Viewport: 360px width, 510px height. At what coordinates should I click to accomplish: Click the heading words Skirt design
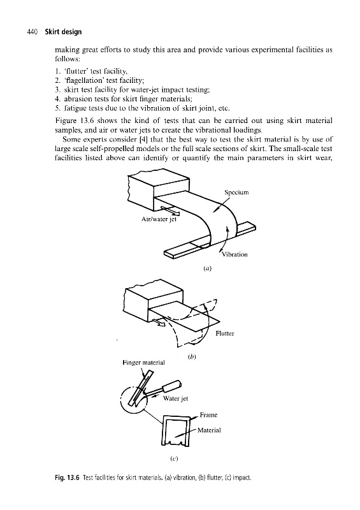(x=64, y=32)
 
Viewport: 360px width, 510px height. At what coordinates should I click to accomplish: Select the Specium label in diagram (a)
(x=236, y=193)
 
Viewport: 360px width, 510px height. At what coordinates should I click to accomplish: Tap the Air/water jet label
(x=159, y=219)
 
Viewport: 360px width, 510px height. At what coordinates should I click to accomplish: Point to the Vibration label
(x=234, y=254)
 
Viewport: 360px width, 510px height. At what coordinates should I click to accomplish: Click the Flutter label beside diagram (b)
(x=225, y=333)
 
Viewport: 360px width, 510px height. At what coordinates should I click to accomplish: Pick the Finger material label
(x=144, y=362)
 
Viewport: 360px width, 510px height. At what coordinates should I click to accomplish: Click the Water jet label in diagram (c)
(x=176, y=398)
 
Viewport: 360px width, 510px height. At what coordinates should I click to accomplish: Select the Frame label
(x=208, y=415)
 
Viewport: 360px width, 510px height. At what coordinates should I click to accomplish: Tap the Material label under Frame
(x=209, y=430)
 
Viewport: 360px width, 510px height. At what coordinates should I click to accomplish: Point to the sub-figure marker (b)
(x=192, y=356)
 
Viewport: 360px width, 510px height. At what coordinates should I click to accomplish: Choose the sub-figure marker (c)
(x=175, y=459)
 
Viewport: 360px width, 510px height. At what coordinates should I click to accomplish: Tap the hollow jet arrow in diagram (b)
(x=160, y=322)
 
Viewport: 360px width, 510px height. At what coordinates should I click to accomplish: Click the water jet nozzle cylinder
(x=172, y=386)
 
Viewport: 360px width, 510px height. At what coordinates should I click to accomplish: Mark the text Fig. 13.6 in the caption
(x=67, y=477)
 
